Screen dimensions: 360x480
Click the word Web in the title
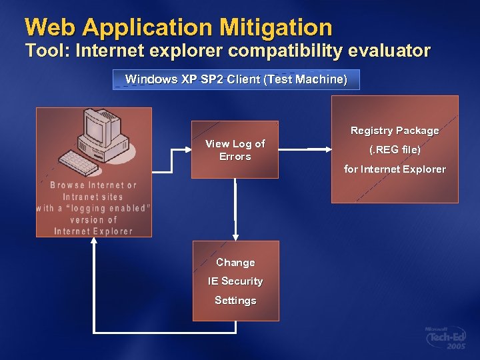[x=47, y=27]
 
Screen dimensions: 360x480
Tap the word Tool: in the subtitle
[x=47, y=51]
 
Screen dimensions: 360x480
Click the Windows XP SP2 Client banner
[x=236, y=79]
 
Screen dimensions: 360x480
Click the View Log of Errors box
[x=235, y=150]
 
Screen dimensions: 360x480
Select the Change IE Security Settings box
[x=235, y=281]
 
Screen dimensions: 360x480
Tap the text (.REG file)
[x=395, y=150]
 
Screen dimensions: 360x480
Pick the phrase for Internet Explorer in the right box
[x=395, y=169]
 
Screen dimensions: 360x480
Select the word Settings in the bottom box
[x=235, y=301]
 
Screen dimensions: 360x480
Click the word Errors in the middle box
[x=235, y=157]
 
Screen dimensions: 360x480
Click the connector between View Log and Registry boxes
[x=319, y=149]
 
